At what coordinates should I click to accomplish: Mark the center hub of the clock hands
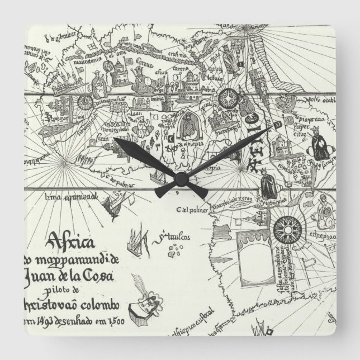(180, 178)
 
